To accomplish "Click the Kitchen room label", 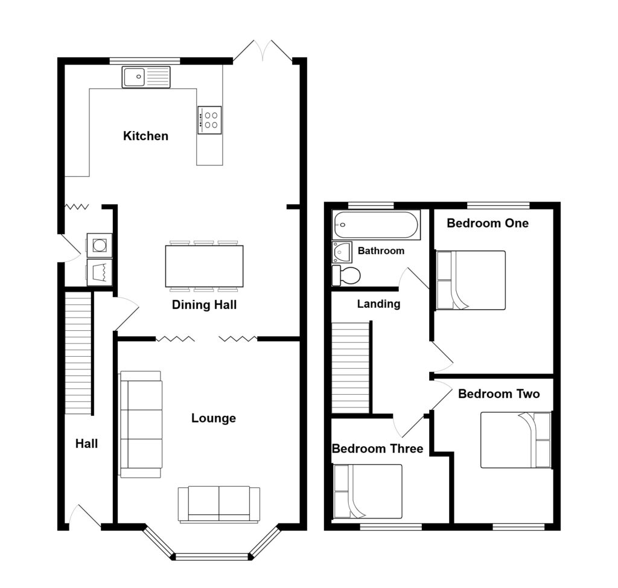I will (x=145, y=136).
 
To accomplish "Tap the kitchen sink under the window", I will (x=146, y=77).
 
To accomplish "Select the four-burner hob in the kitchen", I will (x=209, y=120).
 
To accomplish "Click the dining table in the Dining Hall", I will (x=204, y=266).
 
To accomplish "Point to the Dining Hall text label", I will (x=204, y=305).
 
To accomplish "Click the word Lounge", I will (x=213, y=418).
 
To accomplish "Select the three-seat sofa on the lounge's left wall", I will (x=141, y=424).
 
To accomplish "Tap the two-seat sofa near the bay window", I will (x=218, y=503).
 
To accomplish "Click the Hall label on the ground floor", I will (x=86, y=444).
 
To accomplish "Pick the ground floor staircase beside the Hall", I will (x=78, y=353).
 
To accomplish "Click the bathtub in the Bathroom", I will (x=375, y=225).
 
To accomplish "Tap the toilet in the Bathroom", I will (x=346, y=275).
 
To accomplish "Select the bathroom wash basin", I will (x=342, y=252).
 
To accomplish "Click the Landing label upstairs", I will (x=378, y=304).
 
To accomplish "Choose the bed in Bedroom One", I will (x=470, y=280).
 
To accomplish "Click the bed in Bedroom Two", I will (x=516, y=439).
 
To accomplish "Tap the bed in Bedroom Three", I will (x=367, y=491).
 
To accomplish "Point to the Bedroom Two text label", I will (x=499, y=394).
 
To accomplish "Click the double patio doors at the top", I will (x=263, y=52).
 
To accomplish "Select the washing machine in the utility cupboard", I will (x=99, y=245).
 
